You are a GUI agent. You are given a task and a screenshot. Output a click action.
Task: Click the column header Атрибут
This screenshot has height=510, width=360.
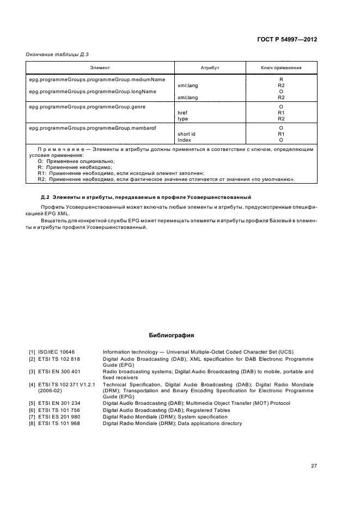tap(210, 68)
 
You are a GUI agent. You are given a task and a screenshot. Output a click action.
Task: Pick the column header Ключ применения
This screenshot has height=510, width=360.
tap(281, 68)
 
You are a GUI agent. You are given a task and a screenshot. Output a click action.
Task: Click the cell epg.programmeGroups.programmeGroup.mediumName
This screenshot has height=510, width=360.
tap(89, 80)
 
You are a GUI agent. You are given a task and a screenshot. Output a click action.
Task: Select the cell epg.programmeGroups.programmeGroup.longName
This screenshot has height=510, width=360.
tap(84, 92)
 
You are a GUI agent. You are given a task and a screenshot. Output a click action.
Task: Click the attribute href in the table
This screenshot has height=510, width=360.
tap(183, 113)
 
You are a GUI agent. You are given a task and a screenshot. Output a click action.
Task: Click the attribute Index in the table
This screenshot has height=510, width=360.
tap(184, 139)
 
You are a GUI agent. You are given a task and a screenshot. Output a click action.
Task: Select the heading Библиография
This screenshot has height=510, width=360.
tap(172, 335)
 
